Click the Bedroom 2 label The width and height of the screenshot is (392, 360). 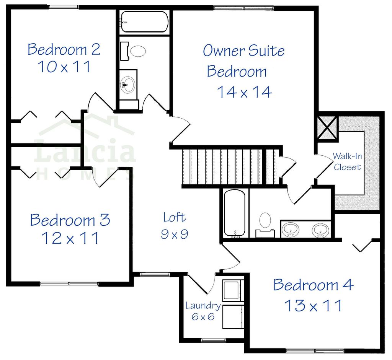[64, 49]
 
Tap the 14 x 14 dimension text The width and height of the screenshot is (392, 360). [244, 92]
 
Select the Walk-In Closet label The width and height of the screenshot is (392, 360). [347, 161]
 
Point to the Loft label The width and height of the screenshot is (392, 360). [174, 217]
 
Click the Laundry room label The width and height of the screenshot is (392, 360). [203, 306]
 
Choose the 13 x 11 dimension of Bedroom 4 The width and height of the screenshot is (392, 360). [313, 305]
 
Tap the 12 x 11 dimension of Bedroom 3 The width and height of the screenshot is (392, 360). [70, 238]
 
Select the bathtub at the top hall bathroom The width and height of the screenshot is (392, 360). [144, 22]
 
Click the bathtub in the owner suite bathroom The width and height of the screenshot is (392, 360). [234, 213]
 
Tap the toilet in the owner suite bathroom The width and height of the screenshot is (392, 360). [265, 222]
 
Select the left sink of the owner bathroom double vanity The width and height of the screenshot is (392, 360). [291, 230]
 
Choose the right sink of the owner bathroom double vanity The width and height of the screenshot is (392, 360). [320, 230]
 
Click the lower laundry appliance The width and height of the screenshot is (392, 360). [233, 317]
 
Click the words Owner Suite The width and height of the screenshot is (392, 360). [243, 50]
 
